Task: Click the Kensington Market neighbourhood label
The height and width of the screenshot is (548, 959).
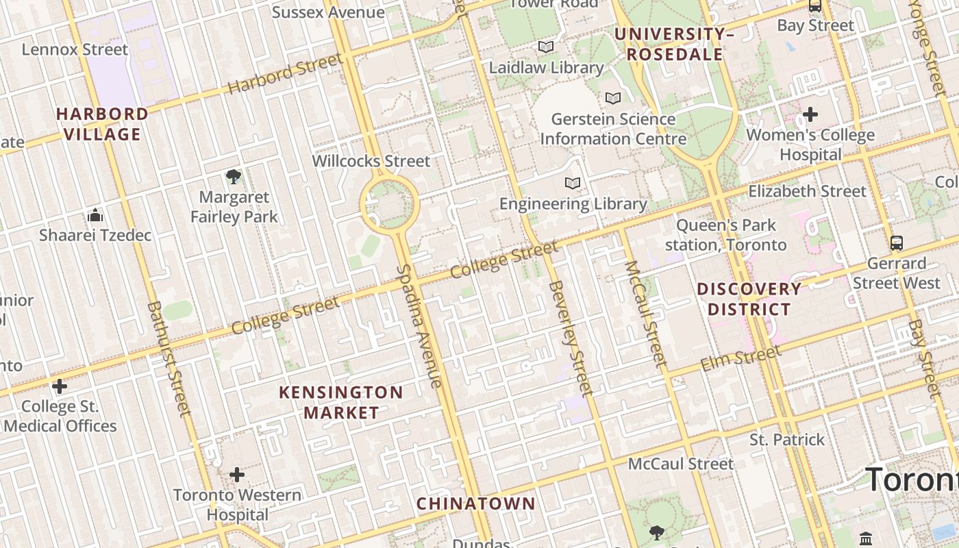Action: (x=341, y=403)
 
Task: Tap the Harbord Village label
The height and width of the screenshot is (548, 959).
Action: (x=102, y=124)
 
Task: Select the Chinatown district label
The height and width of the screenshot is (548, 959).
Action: (x=476, y=503)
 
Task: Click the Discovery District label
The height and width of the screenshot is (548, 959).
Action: (x=749, y=299)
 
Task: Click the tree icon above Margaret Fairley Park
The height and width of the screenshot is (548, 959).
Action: (x=234, y=177)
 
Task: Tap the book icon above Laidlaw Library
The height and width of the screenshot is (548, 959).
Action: (x=546, y=47)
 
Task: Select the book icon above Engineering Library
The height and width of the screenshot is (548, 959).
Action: (x=573, y=183)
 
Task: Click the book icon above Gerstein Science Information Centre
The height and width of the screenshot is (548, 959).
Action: (x=613, y=98)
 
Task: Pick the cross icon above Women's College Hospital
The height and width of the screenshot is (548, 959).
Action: (x=810, y=114)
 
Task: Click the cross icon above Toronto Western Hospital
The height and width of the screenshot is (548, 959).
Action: (x=237, y=474)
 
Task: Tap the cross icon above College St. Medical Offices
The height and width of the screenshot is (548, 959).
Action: (x=60, y=386)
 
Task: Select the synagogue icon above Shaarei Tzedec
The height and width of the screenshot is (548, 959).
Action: (x=95, y=216)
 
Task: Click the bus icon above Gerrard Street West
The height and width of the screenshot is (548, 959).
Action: (x=896, y=242)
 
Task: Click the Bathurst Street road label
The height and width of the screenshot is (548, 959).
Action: (x=169, y=358)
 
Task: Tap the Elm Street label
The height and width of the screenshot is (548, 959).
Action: (x=740, y=359)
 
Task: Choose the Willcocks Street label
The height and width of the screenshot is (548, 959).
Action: (x=371, y=161)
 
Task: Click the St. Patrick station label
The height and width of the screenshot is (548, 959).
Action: (x=787, y=440)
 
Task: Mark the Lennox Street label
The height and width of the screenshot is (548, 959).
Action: (x=75, y=49)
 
